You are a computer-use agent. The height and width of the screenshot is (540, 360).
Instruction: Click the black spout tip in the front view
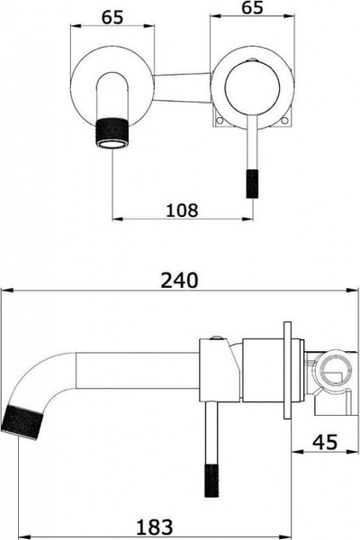(x=112, y=128)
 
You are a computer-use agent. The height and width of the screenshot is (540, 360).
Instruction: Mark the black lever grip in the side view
(x=217, y=476)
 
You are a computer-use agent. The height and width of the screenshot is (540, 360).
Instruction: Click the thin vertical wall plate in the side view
(x=288, y=370)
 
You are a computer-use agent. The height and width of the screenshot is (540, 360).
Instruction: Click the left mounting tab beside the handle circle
(x=217, y=119)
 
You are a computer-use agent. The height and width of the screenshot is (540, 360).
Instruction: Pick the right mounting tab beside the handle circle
(x=288, y=119)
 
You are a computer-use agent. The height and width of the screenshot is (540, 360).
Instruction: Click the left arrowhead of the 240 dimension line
(x=5, y=290)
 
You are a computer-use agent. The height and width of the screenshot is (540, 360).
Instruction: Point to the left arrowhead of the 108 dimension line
(x=115, y=220)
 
